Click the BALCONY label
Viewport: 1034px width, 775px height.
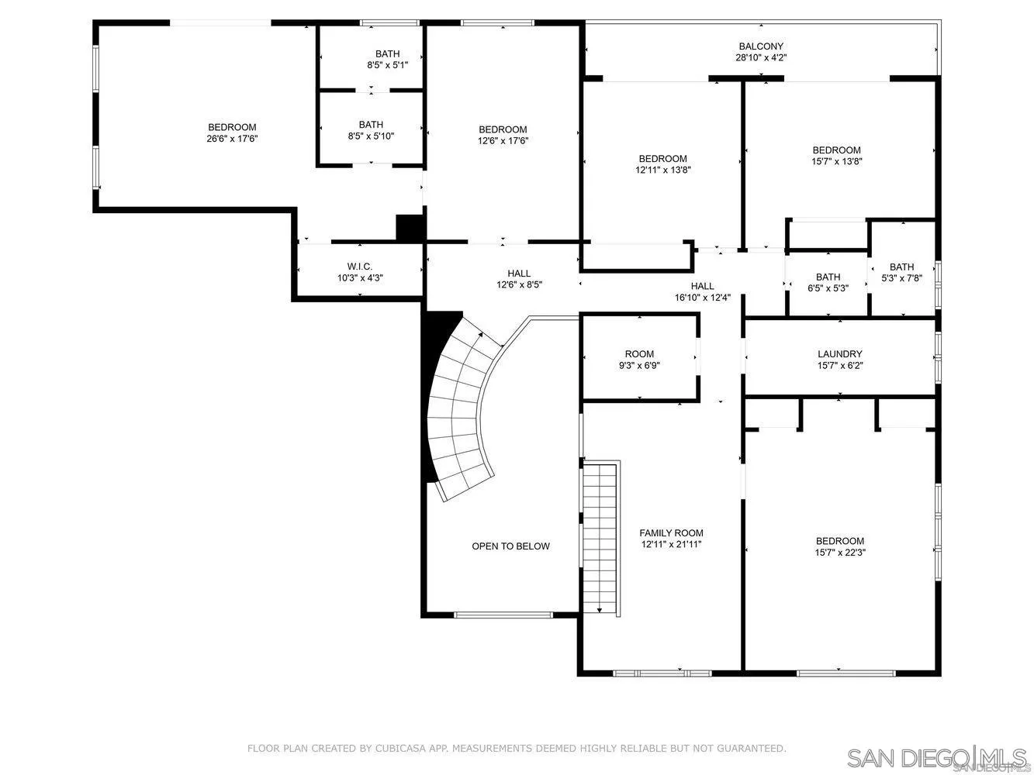pyautogui.click(x=760, y=46)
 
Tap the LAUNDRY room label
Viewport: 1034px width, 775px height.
pyautogui.click(x=839, y=354)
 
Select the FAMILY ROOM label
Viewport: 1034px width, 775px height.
pyautogui.click(x=671, y=533)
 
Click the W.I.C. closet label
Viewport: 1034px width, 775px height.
pyautogui.click(x=360, y=267)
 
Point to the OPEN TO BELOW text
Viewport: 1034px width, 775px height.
pyautogui.click(x=510, y=546)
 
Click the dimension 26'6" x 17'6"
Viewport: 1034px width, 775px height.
pyautogui.click(x=231, y=139)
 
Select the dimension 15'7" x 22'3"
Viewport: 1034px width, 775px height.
pyautogui.click(x=839, y=553)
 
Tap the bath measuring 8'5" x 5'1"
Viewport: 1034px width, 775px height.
pyautogui.click(x=387, y=60)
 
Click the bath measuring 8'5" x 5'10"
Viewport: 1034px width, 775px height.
pyautogui.click(x=371, y=130)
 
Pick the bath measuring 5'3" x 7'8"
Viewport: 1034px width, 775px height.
pyautogui.click(x=901, y=273)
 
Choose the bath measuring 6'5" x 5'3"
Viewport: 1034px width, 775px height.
pyautogui.click(x=828, y=282)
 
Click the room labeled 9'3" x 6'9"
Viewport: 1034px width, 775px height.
pyautogui.click(x=639, y=360)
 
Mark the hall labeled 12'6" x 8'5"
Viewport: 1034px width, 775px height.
pyautogui.click(x=519, y=279)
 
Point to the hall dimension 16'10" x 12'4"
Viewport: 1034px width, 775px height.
pyautogui.click(x=702, y=297)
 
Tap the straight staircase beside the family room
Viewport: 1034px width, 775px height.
pyautogui.click(x=600, y=535)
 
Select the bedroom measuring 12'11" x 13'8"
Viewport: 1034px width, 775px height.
pyautogui.click(x=662, y=164)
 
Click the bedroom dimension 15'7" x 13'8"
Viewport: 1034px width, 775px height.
pyautogui.click(x=836, y=161)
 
